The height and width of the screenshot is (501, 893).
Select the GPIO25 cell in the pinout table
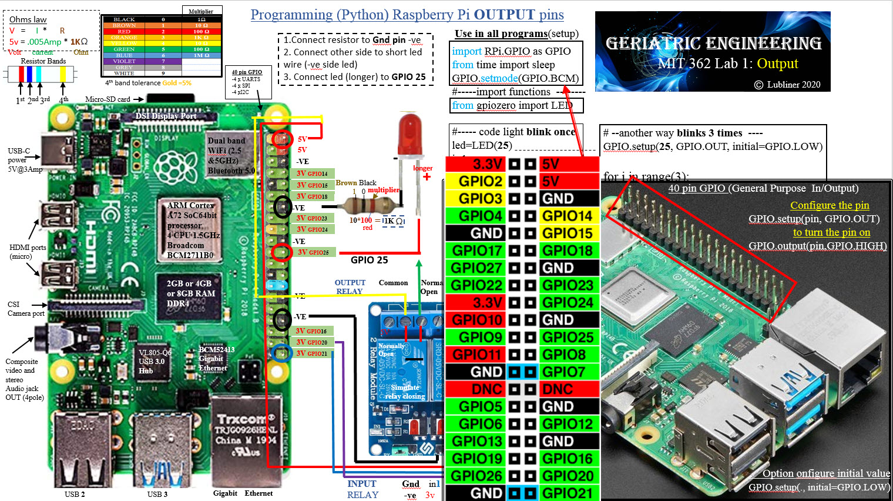click(x=568, y=338)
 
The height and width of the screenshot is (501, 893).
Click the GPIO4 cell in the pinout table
click(x=481, y=216)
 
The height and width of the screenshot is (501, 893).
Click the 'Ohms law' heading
click(x=28, y=19)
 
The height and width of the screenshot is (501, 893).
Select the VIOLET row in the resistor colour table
click(x=124, y=61)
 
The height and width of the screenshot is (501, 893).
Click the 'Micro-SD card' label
click(x=108, y=99)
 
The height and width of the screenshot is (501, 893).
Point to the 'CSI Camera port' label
click(x=25, y=309)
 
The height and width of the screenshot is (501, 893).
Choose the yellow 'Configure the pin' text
click(x=830, y=205)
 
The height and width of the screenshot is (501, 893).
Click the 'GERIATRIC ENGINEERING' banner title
click(x=713, y=43)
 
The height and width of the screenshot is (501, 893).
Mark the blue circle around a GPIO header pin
click(x=281, y=352)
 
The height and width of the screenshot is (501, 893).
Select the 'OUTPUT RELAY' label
click(x=350, y=287)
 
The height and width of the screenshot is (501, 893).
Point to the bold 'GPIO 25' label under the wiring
click(x=369, y=260)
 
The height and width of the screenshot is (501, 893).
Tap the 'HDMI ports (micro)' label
click(x=28, y=252)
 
